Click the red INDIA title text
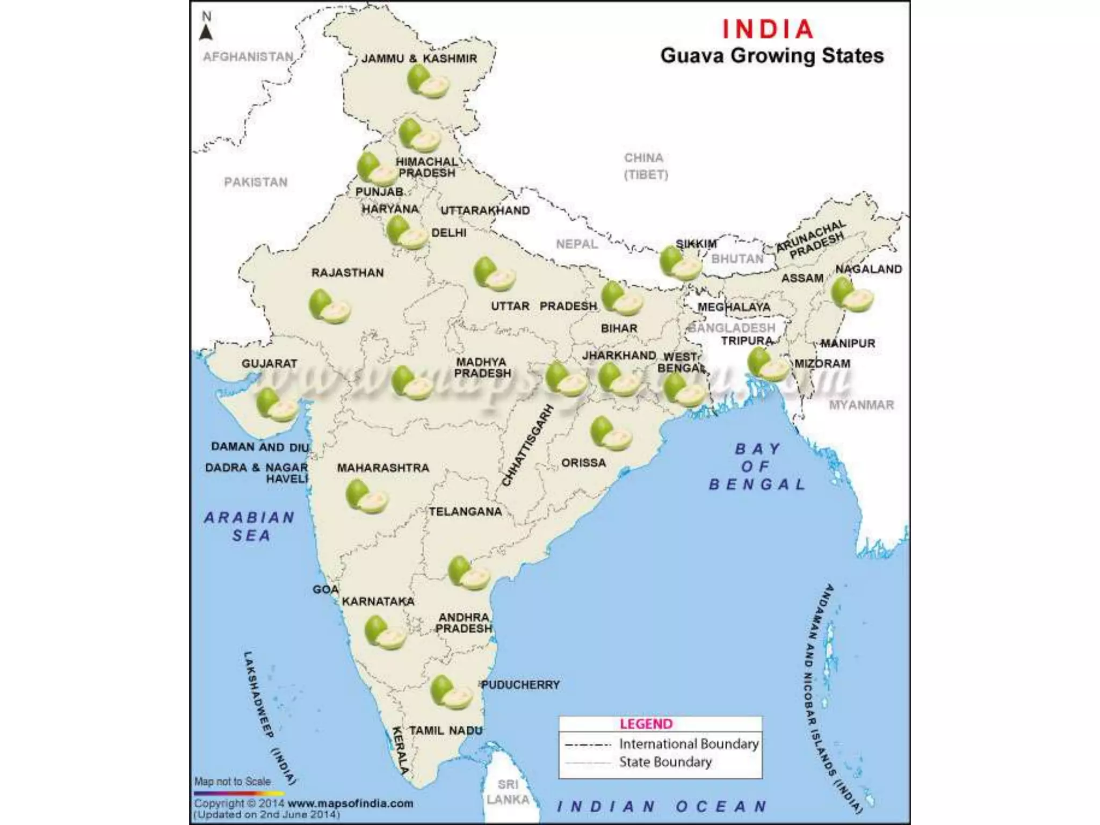coord(768,29)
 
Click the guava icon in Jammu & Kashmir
coord(427,82)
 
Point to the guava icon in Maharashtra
coord(366,497)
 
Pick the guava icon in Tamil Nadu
coord(451,692)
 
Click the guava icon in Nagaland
coord(851,295)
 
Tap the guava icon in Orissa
coord(611,433)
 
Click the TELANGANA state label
coord(465,512)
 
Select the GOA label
coord(325,590)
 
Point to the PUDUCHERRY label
coord(520,685)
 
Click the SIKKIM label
coord(696,244)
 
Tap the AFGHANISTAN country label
coord(248,57)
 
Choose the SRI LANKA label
coord(508,792)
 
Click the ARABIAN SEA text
coord(250,526)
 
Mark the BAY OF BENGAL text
coord(757,466)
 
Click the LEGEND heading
coord(646,724)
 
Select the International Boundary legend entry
coord(689,744)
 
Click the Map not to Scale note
coord(233,781)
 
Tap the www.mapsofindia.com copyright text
coord(350,804)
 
